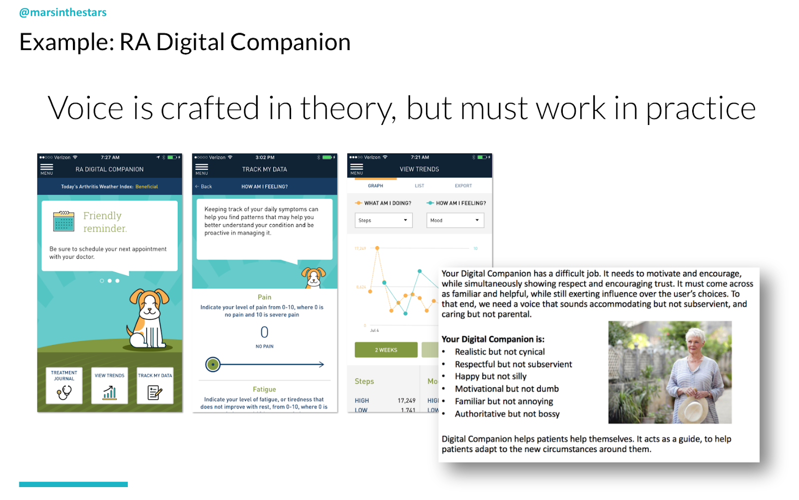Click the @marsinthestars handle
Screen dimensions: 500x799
63,12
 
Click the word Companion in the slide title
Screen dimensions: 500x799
290,42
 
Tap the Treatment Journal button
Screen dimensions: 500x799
64,385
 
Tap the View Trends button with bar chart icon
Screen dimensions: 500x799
109,385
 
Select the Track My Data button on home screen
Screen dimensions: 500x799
155,385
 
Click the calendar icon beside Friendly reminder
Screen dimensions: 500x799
64,221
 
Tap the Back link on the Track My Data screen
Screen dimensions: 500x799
204,186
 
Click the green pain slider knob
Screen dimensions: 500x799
213,364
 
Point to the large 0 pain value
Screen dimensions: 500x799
264,332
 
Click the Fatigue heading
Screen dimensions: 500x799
264,389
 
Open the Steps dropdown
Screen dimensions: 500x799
384,220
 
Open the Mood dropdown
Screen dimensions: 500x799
455,220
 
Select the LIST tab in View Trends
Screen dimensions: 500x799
419,185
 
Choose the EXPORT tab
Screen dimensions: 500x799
463,185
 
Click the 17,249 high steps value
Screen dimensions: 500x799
406,400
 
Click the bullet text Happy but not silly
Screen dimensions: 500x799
490,376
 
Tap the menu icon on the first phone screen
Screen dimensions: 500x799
46,168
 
